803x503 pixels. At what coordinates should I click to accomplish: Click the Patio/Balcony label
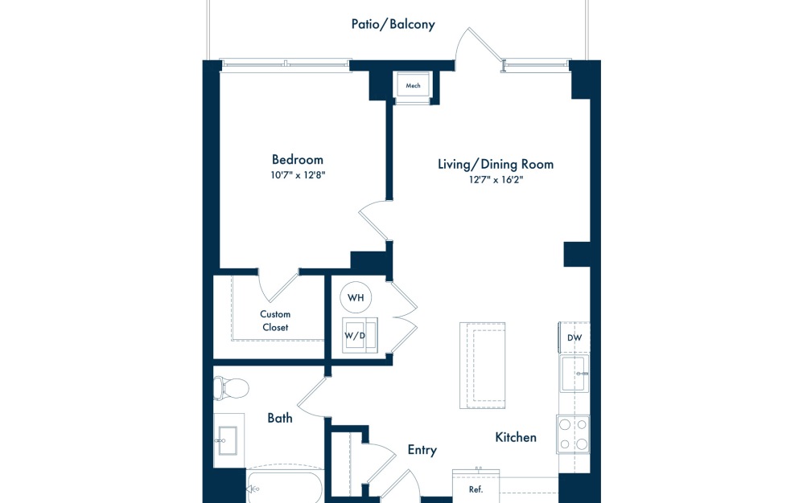click(393, 24)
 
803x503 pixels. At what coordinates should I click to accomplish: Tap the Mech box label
click(414, 85)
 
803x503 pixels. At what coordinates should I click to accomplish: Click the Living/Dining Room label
click(495, 164)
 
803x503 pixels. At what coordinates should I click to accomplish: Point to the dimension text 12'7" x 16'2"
click(495, 181)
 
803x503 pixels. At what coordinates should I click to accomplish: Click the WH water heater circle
click(356, 297)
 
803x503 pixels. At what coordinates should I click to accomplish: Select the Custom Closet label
click(275, 321)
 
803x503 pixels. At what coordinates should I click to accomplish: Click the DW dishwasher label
click(574, 337)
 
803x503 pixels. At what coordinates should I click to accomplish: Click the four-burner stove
click(573, 434)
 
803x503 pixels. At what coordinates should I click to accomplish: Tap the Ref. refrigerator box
click(476, 487)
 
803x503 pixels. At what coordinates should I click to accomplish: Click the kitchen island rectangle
click(483, 365)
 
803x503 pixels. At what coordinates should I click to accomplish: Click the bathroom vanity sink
click(229, 440)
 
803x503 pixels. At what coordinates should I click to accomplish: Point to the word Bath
click(280, 418)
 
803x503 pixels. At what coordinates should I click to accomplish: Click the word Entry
click(422, 450)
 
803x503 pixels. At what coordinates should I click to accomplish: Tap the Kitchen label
click(516, 437)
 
